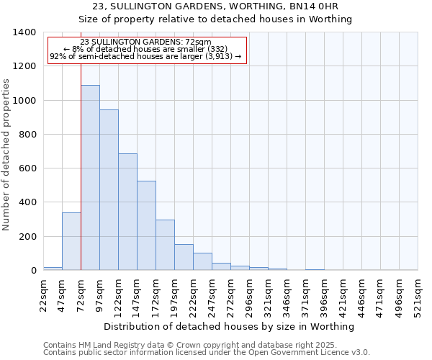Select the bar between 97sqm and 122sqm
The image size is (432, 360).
(109, 190)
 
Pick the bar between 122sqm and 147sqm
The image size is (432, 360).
(127, 212)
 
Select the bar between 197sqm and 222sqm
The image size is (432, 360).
(184, 257)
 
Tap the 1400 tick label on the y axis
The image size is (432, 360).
(24, 32)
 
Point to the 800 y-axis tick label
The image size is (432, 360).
(27, 135)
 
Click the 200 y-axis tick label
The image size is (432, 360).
(27, 237)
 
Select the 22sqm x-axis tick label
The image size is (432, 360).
(43, 294)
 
